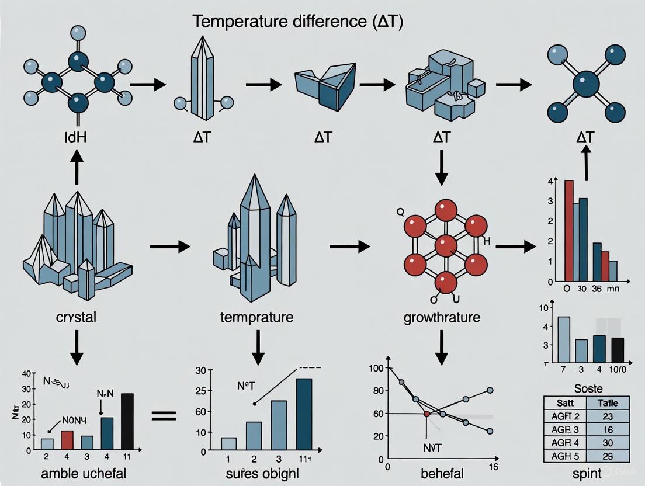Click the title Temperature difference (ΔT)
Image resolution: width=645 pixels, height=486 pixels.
(x=297, y=22)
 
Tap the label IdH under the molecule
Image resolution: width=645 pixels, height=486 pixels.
(x=77, y=138)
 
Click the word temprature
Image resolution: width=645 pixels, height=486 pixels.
(x=257, y=318)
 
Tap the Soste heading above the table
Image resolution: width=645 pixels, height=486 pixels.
(x=588, y=388)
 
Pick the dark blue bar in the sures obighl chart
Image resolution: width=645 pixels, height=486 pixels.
(x=304, y=415)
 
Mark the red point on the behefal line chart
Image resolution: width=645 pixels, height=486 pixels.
(x=427, y=414)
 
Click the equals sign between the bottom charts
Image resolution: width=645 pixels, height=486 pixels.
(x=164, y=415)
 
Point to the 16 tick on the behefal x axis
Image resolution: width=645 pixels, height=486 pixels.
(x=493, y=467)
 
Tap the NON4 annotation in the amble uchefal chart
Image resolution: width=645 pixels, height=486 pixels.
(x=77, y=419)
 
